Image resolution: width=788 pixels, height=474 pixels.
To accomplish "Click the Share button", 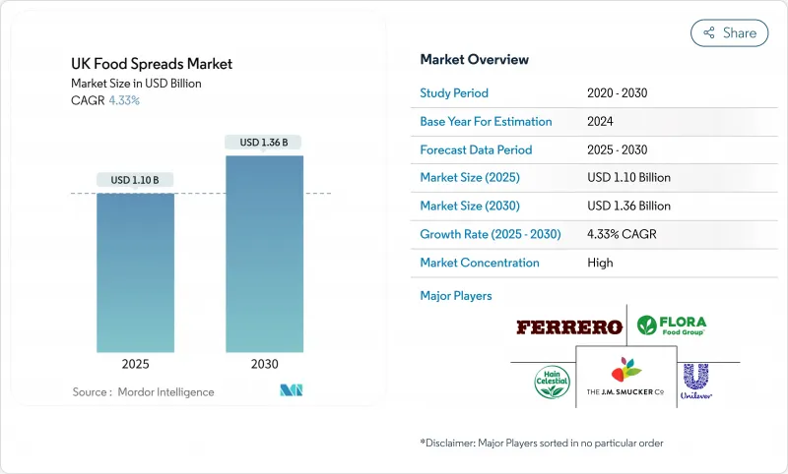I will click(729, 32).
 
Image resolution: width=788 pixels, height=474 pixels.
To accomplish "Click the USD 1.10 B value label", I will click(135, 180).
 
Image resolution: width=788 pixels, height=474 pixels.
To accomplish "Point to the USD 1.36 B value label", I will click(264, 143).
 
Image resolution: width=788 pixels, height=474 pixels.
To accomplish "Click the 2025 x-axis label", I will click(135, 364).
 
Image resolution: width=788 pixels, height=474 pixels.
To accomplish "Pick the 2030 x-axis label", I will click(264, 364).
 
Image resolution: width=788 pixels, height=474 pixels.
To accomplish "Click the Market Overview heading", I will click(474, 60).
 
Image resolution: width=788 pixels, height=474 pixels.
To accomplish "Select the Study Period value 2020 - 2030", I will click(618, 93).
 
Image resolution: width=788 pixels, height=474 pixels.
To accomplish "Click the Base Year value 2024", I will click(601, 122).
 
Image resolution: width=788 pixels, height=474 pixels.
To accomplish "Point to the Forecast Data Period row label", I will click(476, 150).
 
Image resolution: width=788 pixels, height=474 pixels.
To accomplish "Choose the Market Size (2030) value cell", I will click(627, 207).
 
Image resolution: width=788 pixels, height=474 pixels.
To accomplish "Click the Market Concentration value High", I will click(599, 264).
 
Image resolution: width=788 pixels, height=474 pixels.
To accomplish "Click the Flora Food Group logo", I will click(672, 325).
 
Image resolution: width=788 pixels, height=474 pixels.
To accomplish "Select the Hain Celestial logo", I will click(553, 381).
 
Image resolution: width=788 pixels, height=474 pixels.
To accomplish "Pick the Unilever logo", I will click(695, 381).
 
